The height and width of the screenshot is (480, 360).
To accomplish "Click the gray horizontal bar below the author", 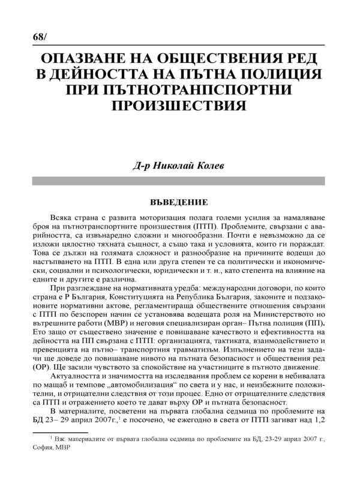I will coord(180,179).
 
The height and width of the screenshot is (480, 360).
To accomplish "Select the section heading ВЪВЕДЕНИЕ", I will coord(179,203).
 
